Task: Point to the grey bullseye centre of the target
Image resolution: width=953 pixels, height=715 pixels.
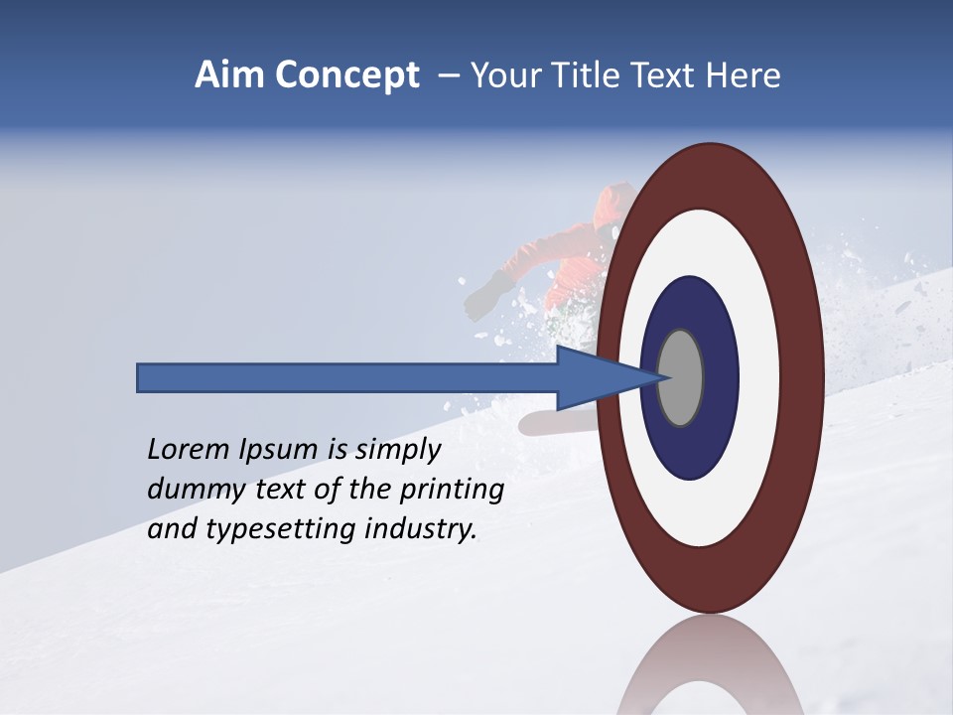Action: click(680, 377)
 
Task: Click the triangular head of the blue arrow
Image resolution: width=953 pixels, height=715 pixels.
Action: click(606, 377)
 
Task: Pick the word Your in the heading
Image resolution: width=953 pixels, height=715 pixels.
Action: click(502, 75)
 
